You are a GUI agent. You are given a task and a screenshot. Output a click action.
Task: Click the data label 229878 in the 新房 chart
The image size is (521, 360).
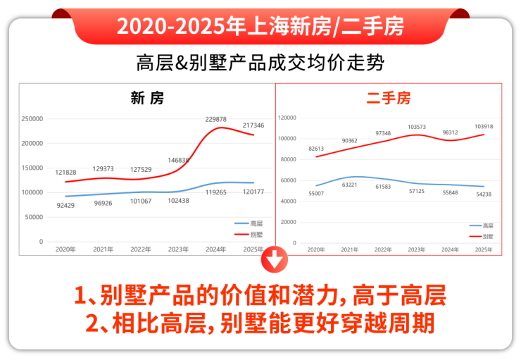point(215,119)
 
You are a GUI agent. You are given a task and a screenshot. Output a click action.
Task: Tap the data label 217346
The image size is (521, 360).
point(253,125)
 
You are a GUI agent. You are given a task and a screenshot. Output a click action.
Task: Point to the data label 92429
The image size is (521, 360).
point(64,204)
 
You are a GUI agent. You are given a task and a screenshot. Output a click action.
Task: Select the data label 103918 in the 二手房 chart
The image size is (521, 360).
point(484,126)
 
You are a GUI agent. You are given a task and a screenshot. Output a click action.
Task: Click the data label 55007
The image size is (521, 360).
point(316,193)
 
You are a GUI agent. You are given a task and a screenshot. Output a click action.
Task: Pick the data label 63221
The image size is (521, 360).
point(349,185)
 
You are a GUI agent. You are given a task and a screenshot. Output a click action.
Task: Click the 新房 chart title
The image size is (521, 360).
point(147,98)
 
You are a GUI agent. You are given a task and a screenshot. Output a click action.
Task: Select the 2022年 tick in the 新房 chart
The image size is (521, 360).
point(141,249)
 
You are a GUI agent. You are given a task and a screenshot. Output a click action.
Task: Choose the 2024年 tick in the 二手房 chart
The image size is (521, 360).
point(450,249)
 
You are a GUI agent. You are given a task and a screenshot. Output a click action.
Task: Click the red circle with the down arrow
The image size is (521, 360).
point(275,261)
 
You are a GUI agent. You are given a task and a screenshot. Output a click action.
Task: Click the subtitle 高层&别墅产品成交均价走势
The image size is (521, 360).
point(260,62)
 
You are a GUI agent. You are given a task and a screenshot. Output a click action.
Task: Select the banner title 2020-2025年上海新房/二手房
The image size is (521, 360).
point(260,26)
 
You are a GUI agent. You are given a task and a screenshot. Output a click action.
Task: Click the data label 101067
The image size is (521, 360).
point(141,201)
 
